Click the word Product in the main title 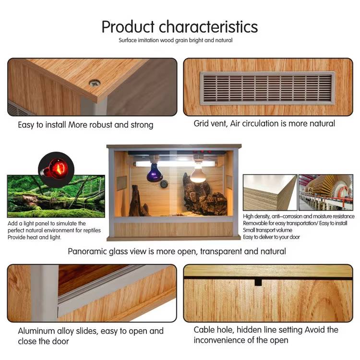click(128, 27)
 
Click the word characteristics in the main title click(208, 27)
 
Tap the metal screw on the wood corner click(95, 83)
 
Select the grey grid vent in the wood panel click(267, 88)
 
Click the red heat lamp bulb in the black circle click(55, 170)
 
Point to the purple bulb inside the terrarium click(154, 173)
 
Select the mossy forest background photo click(56, 196)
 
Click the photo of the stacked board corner click(270, 192)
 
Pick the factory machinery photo click(326, 192)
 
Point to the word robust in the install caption click(101, 125)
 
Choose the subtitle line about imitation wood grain click(175, 40)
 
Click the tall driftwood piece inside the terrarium click(137, 201)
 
